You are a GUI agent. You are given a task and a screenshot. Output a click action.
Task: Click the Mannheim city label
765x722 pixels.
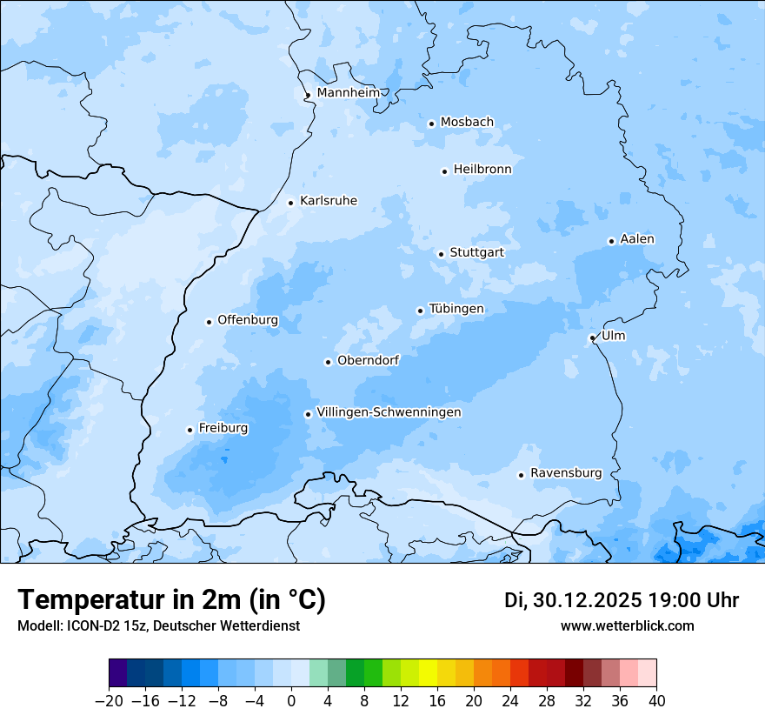tap(348, 92)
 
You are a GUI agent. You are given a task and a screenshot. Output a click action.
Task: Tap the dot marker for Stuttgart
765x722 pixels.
tap(442, 254)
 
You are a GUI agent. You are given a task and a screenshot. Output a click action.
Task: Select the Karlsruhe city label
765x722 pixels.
tap(328, 201)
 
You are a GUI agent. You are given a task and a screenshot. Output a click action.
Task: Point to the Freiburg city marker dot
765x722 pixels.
tap(190, 430)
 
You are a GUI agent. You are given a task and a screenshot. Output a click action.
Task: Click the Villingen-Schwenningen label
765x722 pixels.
tap(389, 412)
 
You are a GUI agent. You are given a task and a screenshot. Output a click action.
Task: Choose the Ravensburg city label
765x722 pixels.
tap(565, 473)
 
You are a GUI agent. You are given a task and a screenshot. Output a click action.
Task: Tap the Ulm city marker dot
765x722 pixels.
tap(592, 338)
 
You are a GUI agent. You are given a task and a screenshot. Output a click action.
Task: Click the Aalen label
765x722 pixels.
tap(637, 239)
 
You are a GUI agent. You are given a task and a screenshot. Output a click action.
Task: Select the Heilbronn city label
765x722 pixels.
tap(482, 170)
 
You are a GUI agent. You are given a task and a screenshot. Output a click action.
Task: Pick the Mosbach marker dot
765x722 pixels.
tap(431, 124)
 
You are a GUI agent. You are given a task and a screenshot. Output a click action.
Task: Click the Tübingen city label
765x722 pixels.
tap(456, 309)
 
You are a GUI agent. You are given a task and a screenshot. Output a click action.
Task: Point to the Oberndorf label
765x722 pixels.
tap(368, 360)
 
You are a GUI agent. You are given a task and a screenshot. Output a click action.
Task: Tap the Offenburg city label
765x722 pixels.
tap(248, 320)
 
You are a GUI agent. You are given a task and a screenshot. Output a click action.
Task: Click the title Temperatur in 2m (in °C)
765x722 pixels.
tap(171, 599)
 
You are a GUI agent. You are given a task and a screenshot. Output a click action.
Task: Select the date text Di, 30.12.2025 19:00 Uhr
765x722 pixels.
tap(622, 600)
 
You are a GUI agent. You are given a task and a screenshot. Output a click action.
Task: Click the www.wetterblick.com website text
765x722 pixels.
tap(627, 626)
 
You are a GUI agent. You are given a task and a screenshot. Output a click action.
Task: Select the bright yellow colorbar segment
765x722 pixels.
tap(428, 673)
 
